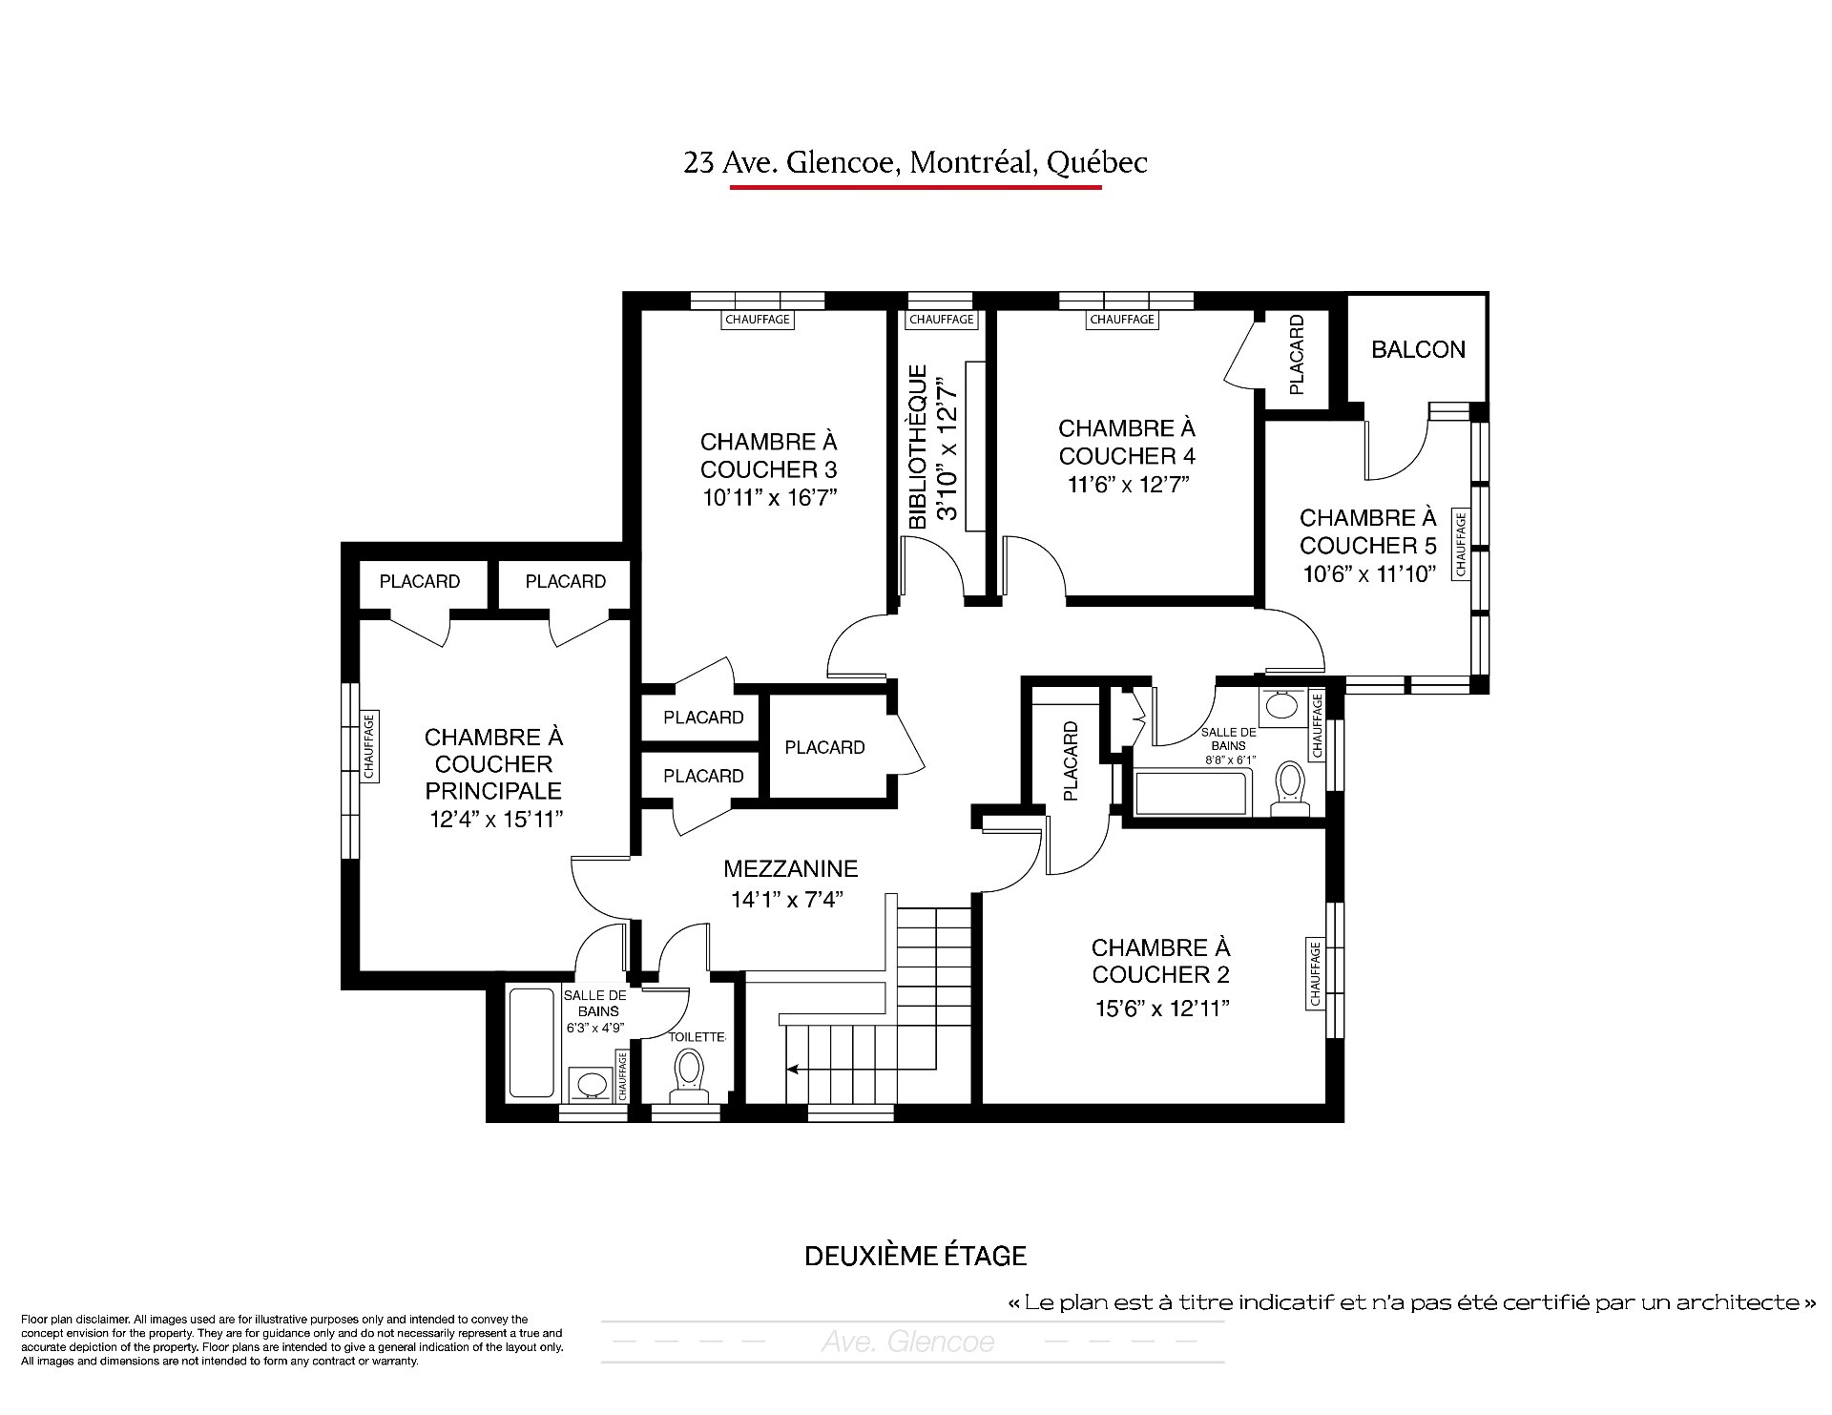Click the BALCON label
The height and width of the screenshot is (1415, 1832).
[1418, 349]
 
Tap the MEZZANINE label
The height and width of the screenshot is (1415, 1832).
[790, 869]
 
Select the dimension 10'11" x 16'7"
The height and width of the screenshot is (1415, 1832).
[769, 497]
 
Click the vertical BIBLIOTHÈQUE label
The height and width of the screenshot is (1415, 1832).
[918, 447]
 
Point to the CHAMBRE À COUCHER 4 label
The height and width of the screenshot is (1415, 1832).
[1127, 442]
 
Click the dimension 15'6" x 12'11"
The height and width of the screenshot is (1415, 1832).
[1161, 1009]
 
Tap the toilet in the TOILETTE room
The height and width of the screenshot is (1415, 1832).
[687, 1073]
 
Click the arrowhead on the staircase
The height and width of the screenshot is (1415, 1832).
[792, 1071]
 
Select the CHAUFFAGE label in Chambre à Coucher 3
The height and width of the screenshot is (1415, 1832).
[758, 320]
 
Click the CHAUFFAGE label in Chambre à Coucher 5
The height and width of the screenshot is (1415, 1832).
[1460, 544]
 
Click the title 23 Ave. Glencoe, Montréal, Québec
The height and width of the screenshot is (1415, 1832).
[915, 163]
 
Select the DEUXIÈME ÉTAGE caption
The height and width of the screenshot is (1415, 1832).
[915, 1256]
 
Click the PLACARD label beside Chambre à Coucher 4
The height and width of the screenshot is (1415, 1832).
[1296, 355]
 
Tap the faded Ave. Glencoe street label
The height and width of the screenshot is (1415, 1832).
[907, 1342]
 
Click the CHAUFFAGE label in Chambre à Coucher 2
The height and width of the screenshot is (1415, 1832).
[1316, 974]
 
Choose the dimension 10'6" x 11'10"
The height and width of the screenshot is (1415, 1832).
[1369, 573]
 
